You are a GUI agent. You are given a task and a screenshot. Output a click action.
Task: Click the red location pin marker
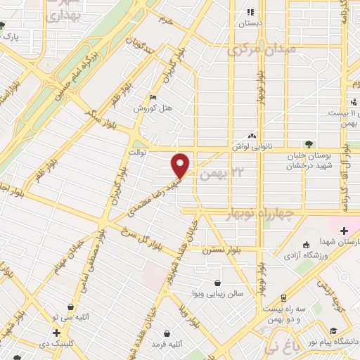click(181, 165)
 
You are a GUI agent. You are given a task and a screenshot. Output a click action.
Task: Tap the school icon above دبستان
click(250, 12)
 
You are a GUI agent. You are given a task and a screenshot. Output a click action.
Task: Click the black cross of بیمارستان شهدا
click(344, 231)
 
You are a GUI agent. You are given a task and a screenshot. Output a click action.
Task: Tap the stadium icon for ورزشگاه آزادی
click(325, 243)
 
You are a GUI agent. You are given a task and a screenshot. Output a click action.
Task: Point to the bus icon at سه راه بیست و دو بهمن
click(283, 298)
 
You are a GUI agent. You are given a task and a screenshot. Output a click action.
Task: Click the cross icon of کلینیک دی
click(56, 333)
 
